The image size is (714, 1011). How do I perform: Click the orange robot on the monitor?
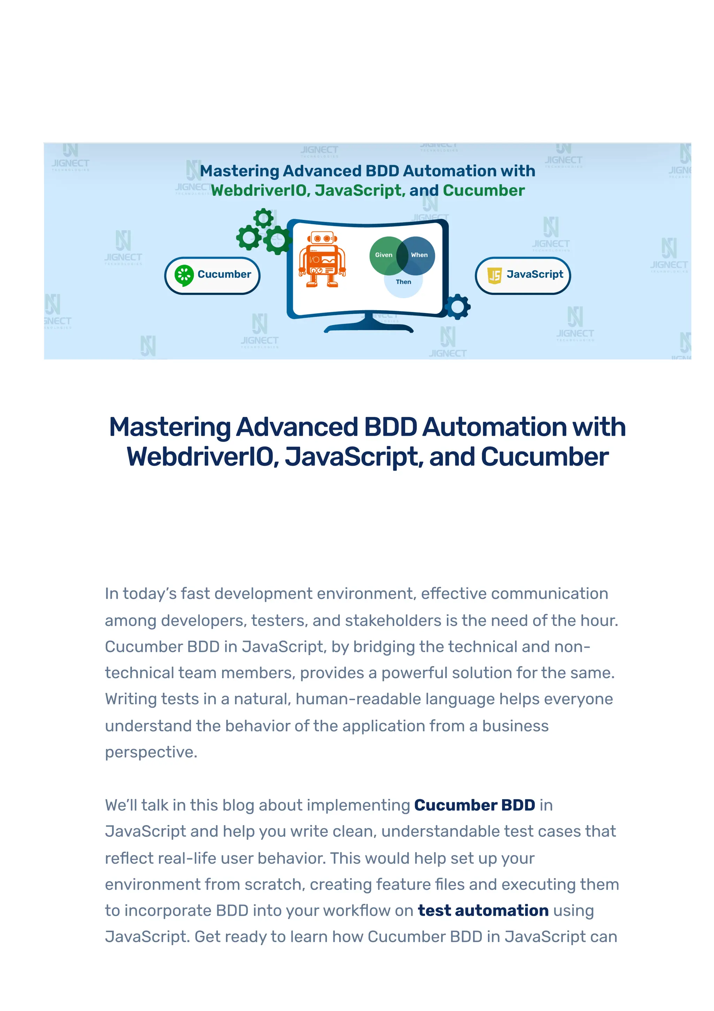322,260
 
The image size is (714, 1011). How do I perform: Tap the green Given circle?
383,255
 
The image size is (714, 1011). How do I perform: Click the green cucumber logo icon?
184,275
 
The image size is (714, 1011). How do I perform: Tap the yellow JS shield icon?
494,275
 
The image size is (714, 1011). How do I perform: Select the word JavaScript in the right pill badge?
534,274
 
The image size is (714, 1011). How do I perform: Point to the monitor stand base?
369,328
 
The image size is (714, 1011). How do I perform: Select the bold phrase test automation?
483,911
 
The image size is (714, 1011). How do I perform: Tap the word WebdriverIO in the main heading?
202,457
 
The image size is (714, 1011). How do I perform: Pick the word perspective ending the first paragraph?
151,752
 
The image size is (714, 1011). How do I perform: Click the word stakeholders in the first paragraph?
393,620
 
